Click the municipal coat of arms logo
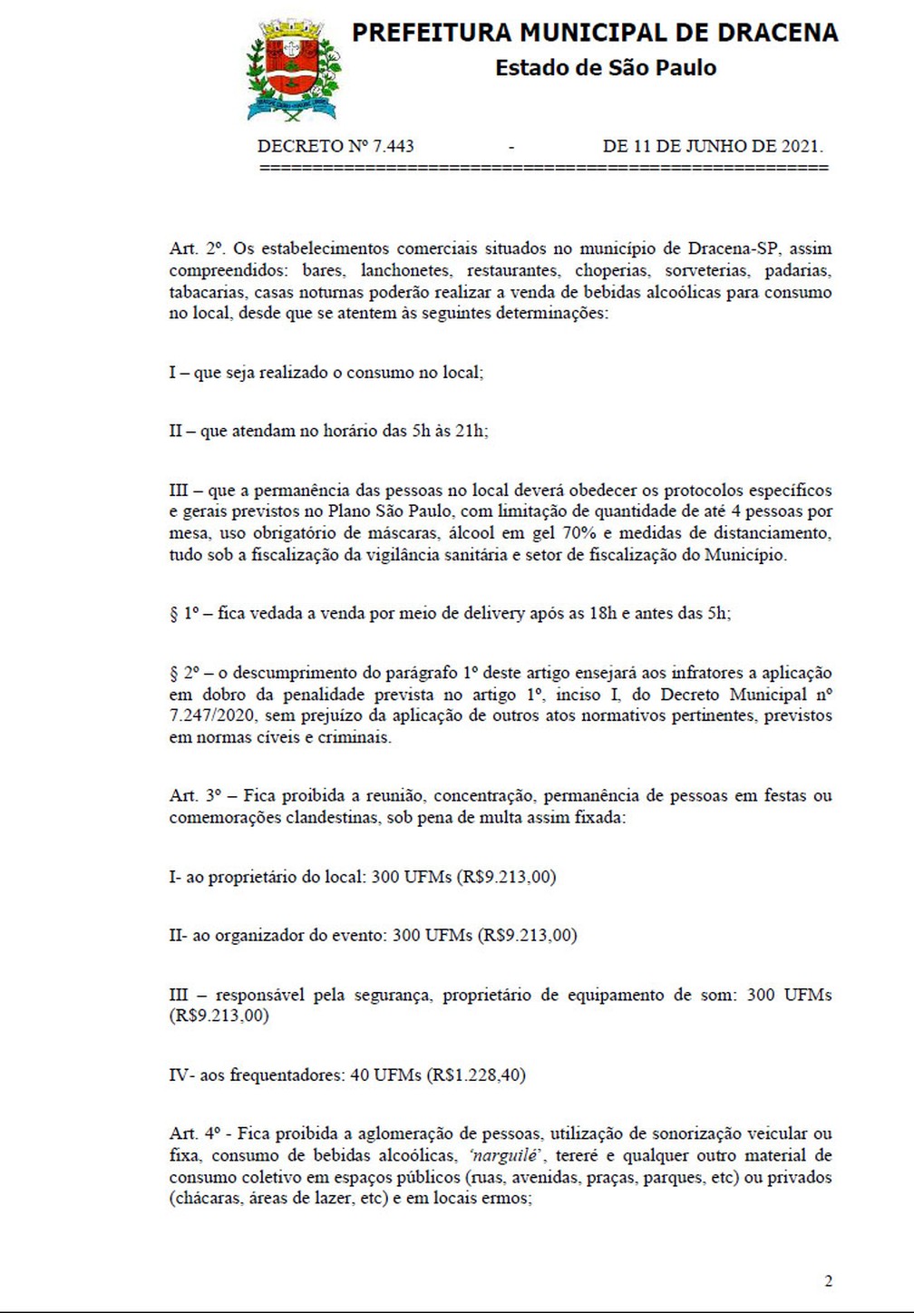[291, 71]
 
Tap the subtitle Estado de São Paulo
[605, 68]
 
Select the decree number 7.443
[393, 146]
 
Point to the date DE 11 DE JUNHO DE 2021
[713, 146]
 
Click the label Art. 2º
[197, 248]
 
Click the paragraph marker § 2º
[184, 673]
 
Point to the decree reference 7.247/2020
[214, 716]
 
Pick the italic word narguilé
[506, 1156]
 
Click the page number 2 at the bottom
[829, 1281]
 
